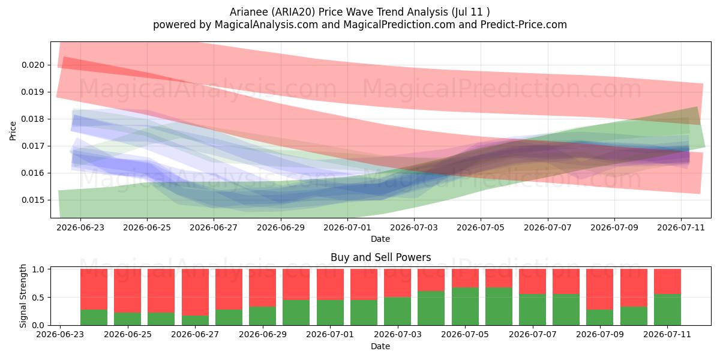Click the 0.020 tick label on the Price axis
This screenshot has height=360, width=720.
point(33,65)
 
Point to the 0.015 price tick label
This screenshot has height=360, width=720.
point(33,200)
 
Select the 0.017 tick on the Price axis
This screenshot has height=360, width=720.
point(33,146)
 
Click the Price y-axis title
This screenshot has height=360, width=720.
point(13,131)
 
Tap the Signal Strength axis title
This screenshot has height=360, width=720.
point(23,296)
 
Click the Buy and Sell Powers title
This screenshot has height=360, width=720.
point(380,257)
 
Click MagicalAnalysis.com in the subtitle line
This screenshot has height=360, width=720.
point(266,25)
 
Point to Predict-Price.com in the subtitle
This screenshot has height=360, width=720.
point(524,25)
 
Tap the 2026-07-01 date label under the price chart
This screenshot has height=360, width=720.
point(347,227)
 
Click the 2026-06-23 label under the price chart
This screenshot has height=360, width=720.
point(80,227)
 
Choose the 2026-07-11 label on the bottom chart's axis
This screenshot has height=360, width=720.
point(667,334)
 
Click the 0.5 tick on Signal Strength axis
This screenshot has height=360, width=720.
point(38,298)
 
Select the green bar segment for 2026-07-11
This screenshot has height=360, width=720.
point(667,310)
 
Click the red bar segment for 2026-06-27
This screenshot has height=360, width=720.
point(195,292)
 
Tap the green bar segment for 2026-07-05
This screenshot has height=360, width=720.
point(465,307)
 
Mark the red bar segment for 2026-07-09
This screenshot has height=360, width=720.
point(600,289)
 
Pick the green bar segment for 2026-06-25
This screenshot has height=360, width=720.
point(127,319)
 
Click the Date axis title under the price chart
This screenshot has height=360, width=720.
point(380,239)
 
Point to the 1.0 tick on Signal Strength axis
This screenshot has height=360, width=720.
point(38,269)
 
